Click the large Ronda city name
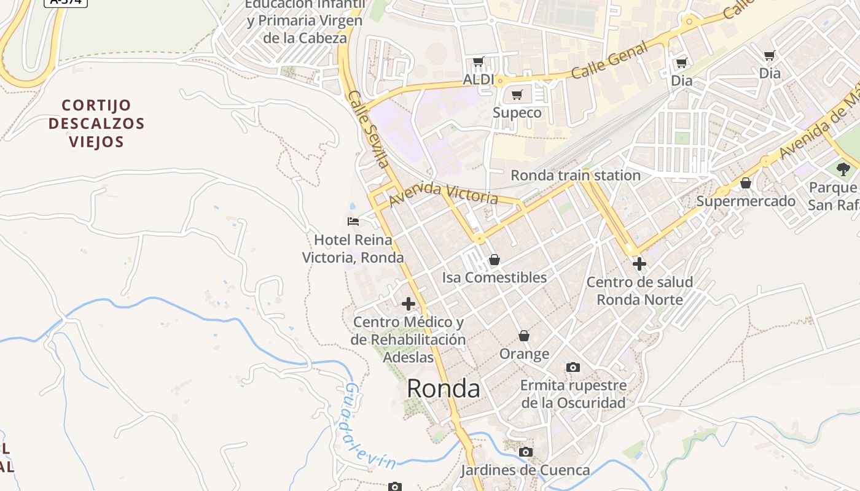(444, 389)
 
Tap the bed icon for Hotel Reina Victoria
(353, 222)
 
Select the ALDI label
(479, 80)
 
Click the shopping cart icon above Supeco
(517, 95)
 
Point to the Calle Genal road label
(609, 60)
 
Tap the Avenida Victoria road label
(443, 193)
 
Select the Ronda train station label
(576, 176)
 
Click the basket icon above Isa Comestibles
(494, 260)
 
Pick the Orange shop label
(524, 354)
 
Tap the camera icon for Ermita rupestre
(573, 368)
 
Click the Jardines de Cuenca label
(525, 471)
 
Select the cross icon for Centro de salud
(639, 265)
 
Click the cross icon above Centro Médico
(408, 304)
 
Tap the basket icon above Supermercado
(746, 184)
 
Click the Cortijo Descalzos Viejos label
(96, 123)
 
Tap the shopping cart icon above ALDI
(479, 62)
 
